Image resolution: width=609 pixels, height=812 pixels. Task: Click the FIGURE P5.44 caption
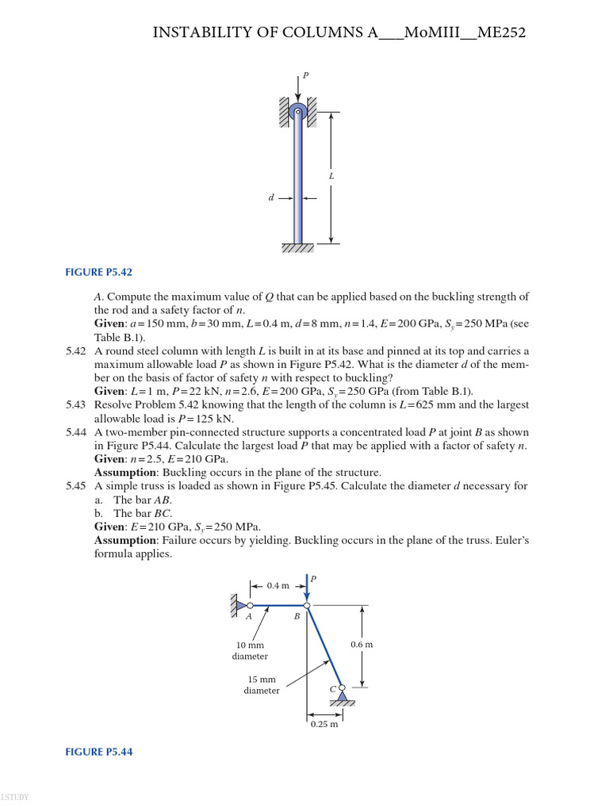(x=98, y=752)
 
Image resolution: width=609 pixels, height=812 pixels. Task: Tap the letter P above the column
(x=305, y=75)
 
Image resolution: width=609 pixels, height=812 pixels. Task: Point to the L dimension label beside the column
(x=331, y=176)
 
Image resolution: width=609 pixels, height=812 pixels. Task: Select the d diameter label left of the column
(x=270, y=197)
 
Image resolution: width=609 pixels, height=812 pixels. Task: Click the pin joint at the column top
(x=297, y=113)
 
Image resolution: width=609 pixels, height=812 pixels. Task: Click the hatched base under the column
(x=297, y=248)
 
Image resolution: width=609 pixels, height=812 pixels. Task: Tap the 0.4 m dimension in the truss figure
(x=278, y=585)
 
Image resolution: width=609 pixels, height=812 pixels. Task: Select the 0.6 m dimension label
(x=362, y=645)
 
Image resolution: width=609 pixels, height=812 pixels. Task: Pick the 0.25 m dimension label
(x=324, y=724)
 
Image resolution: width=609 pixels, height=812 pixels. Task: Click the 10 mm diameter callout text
(x=250, y=650)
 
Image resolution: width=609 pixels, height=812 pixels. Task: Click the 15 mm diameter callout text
(x=262, y=684)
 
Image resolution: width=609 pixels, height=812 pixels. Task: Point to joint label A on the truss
(x=249, y=616)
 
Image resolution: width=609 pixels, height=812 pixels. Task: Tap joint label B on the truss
(x=297, y=616)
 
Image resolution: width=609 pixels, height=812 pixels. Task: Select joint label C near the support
(x=333, y=689)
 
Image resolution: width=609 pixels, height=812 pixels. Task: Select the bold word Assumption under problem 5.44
(x=124, y=473)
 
